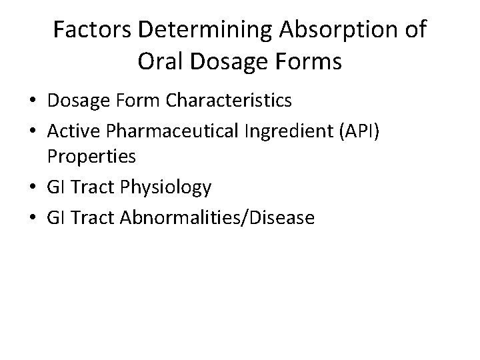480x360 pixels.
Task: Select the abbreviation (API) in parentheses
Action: coord(358,129)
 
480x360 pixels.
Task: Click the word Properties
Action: coord(92,157)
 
